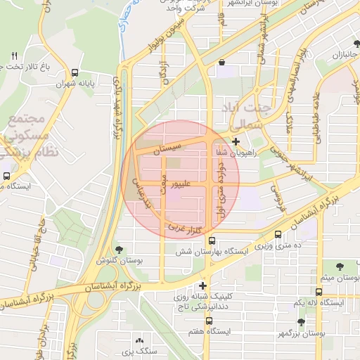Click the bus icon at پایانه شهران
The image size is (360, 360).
tap(75, 72)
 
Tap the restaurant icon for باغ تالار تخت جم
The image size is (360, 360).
tap(13, 56)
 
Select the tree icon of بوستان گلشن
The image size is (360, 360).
tap(119, 249)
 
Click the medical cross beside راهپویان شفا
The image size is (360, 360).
tap(235, 141)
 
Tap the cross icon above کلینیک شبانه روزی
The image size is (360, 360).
tap(203, 285)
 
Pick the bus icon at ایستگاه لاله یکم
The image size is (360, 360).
tap(319, 291)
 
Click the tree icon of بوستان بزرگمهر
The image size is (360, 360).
tap(301, 321)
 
